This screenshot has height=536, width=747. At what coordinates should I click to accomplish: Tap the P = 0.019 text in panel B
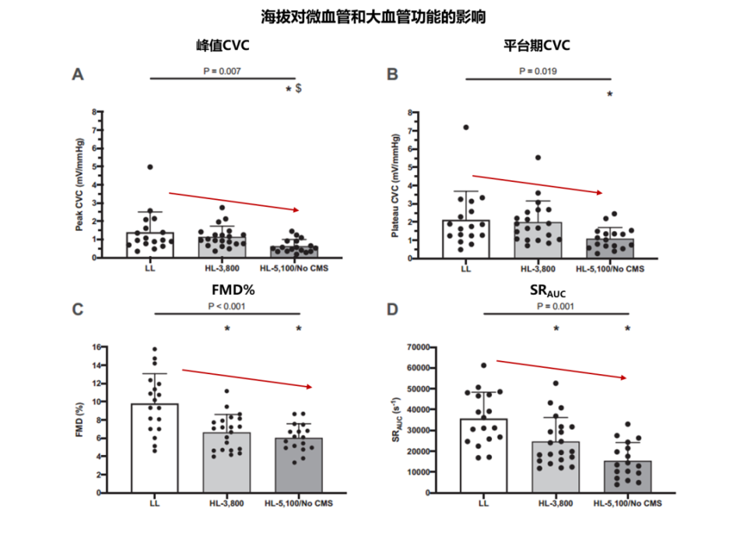pos(538,72)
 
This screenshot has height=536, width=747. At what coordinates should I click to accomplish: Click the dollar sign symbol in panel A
pos(299,89)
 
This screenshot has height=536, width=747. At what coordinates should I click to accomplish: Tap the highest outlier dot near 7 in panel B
pos(466,127)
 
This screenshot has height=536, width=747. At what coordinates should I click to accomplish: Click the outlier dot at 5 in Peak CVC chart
pos(150,166)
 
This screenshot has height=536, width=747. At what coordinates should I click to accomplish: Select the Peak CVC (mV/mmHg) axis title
pos(79,185)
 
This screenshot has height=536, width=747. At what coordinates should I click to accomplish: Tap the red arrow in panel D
pos(560,369)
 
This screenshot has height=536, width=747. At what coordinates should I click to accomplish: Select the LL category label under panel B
pos(466,269)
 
